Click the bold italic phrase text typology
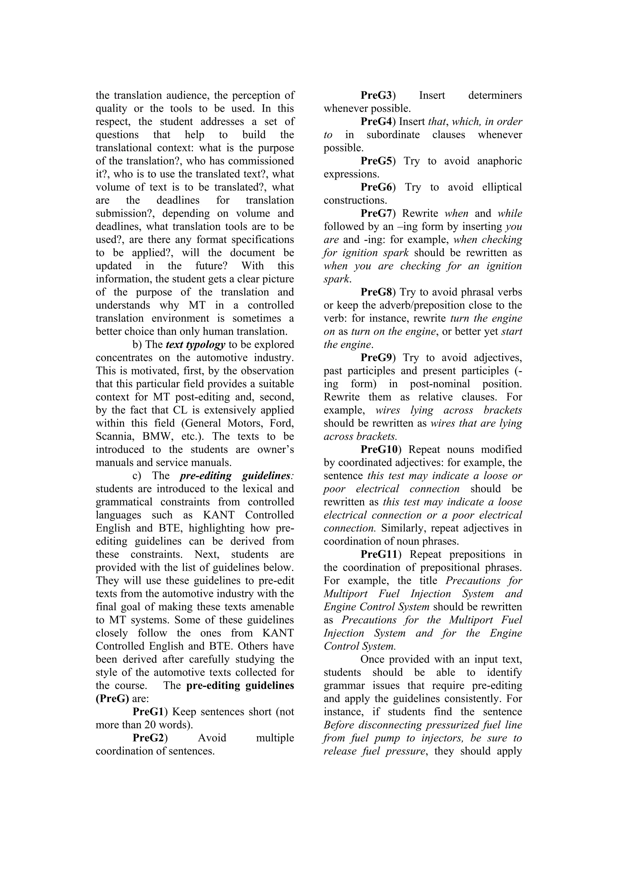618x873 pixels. pos(196,345)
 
